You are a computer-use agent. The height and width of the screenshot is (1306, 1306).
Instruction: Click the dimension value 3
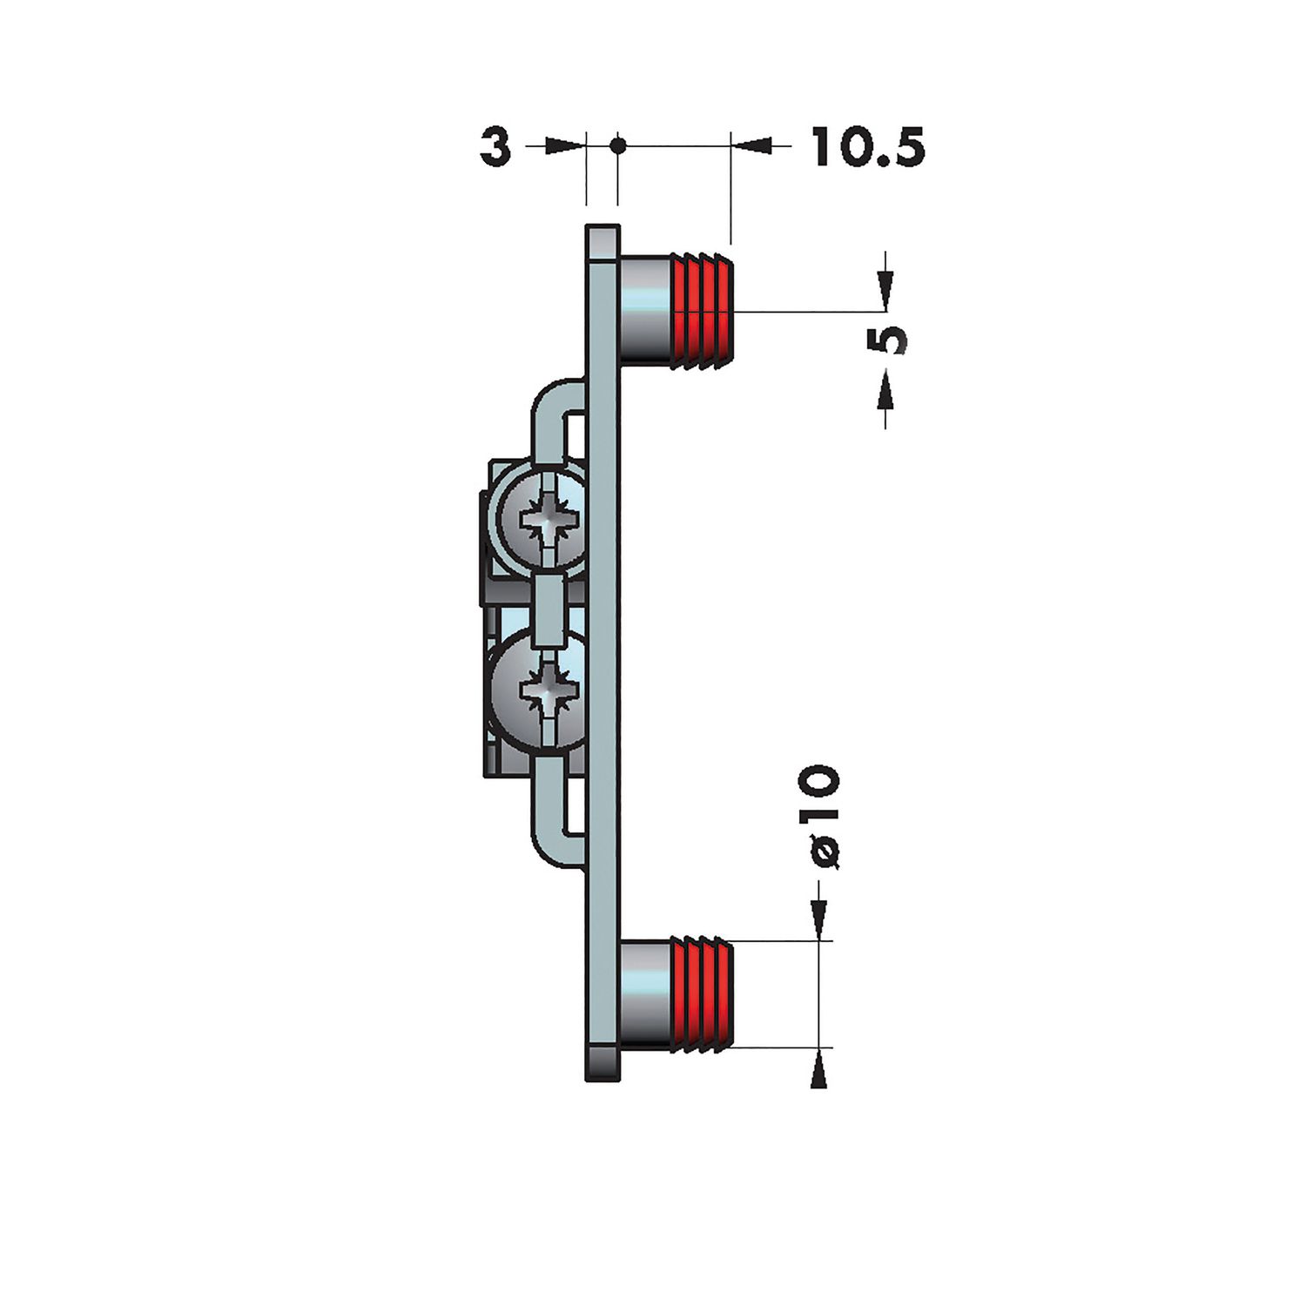tap(495, 146)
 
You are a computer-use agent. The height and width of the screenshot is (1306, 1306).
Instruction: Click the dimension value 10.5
tap(867, 146)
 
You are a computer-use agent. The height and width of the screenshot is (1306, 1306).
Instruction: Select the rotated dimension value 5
tap(887, 340)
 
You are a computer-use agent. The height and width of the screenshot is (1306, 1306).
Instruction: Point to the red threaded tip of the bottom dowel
tap(701, 994)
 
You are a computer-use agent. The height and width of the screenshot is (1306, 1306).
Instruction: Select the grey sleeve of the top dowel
tap(644, 310)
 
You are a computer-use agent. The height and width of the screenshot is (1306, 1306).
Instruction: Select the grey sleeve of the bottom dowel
tap(644, 994)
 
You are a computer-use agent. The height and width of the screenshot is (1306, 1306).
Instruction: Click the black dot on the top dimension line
tap(617, 145)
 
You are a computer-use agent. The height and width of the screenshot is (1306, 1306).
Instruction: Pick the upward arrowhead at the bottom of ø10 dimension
tap(818, 1072)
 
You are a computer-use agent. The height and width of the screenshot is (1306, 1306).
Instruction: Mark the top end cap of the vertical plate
tap(603, 242)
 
